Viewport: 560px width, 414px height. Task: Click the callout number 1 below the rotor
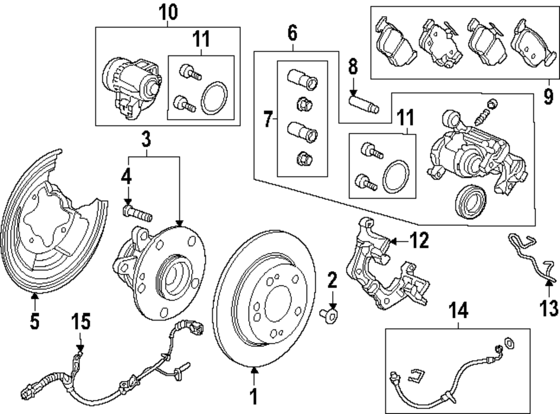point(253,396)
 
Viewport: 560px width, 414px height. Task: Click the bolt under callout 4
point(137,213)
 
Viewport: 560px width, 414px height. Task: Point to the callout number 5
point(35,322)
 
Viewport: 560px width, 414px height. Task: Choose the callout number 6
point(292,34)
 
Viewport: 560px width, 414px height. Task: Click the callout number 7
point(268,119)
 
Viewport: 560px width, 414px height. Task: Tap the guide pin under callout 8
point(363,104)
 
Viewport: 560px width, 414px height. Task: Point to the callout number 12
point(419,241)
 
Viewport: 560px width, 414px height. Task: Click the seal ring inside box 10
point(214,98)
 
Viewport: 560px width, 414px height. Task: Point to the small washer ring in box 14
point(509,342)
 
